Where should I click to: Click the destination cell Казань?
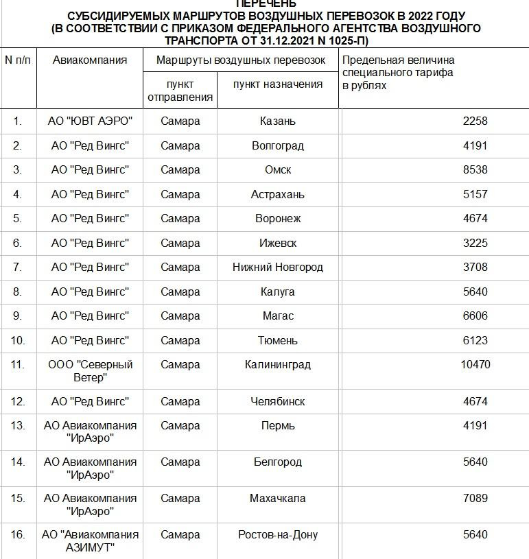278,121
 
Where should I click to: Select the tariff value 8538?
475,169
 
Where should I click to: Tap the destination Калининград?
278,364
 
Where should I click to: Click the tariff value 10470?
475,364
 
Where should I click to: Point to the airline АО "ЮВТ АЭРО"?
90,121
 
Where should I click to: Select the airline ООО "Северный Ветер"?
90,371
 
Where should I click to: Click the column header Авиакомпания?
90,60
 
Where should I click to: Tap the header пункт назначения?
278,84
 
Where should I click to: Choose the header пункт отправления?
180,90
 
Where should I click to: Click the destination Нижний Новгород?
278,267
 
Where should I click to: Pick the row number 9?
18,316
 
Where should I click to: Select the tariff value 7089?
475,498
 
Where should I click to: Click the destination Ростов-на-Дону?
278,534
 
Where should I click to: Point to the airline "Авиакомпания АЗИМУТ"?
90,540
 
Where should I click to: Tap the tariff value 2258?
475,121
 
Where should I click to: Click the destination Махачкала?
278,498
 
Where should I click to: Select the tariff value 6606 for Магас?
475,316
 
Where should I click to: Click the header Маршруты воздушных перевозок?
241,60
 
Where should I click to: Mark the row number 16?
18,534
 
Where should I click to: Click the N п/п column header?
18,60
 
